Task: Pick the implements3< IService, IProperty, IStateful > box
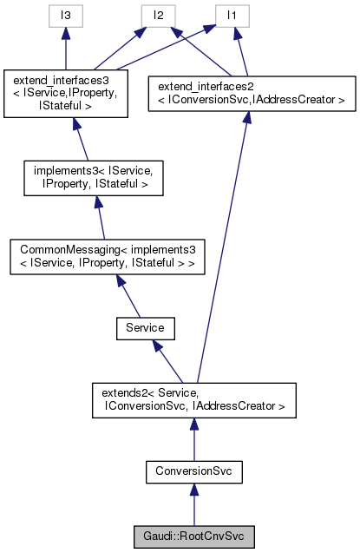tap(91, 176)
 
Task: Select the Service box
tap(146, 328)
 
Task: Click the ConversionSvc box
tap(193, 471)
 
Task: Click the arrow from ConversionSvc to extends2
tap(193, 438)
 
